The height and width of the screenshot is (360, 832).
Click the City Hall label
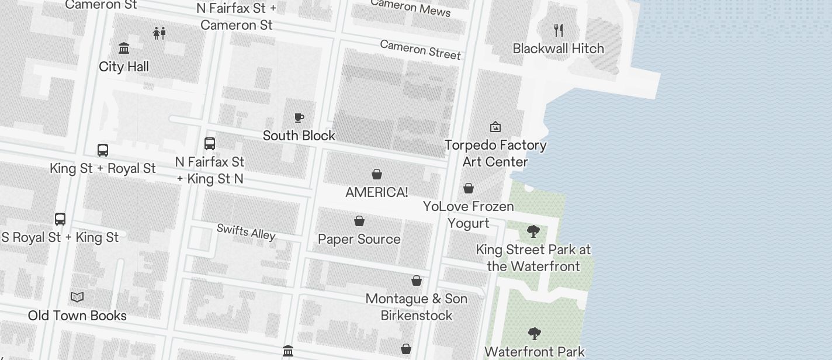pos(124,67)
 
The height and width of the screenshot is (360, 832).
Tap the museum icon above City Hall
pos(124,48)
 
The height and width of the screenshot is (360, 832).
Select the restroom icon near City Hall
pos(159,33)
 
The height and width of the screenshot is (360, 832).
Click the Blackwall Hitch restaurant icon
pos(559,30)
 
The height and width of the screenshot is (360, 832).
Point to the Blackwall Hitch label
pos(559,49)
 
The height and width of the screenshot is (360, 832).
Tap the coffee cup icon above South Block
pos(299,117)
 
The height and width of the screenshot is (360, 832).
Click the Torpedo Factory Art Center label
pos(495,153)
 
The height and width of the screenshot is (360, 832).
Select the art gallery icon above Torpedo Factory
pos(495,126)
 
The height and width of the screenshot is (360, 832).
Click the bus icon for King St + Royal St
pos(103,150)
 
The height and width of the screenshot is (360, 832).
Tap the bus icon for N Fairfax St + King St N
pos(210,143)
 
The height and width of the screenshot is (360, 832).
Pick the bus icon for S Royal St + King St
pos(60,219)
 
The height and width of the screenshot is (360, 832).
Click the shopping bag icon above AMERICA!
pos(377,174)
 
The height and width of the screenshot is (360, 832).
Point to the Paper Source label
pos(359,239)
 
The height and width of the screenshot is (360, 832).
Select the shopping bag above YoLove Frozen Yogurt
pos(469,188)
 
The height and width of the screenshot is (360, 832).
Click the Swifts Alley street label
pos(246,231)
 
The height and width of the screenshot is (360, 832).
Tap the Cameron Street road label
pos(420,50)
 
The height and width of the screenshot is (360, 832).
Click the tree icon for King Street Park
pos(533,231)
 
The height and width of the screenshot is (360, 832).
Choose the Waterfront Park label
pos(535,352)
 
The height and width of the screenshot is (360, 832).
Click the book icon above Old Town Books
pos(77,297)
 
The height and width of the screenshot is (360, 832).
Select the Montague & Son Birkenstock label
pos(417,307)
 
